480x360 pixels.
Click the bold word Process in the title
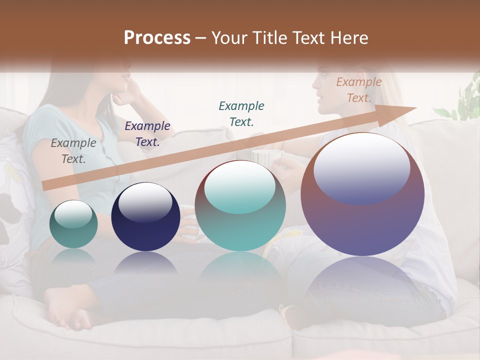[157, 38]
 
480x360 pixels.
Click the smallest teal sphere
[73, 224]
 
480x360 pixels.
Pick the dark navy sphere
[145, 217]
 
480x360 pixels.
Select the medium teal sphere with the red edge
[240, 205]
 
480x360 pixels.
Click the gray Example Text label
[73, 151]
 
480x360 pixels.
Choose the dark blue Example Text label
[147, 134]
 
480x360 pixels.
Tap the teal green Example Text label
[241, 113]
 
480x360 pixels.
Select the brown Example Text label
[359, 90]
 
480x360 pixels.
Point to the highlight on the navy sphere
[145, 201]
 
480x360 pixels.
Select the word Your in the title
[230, 38]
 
